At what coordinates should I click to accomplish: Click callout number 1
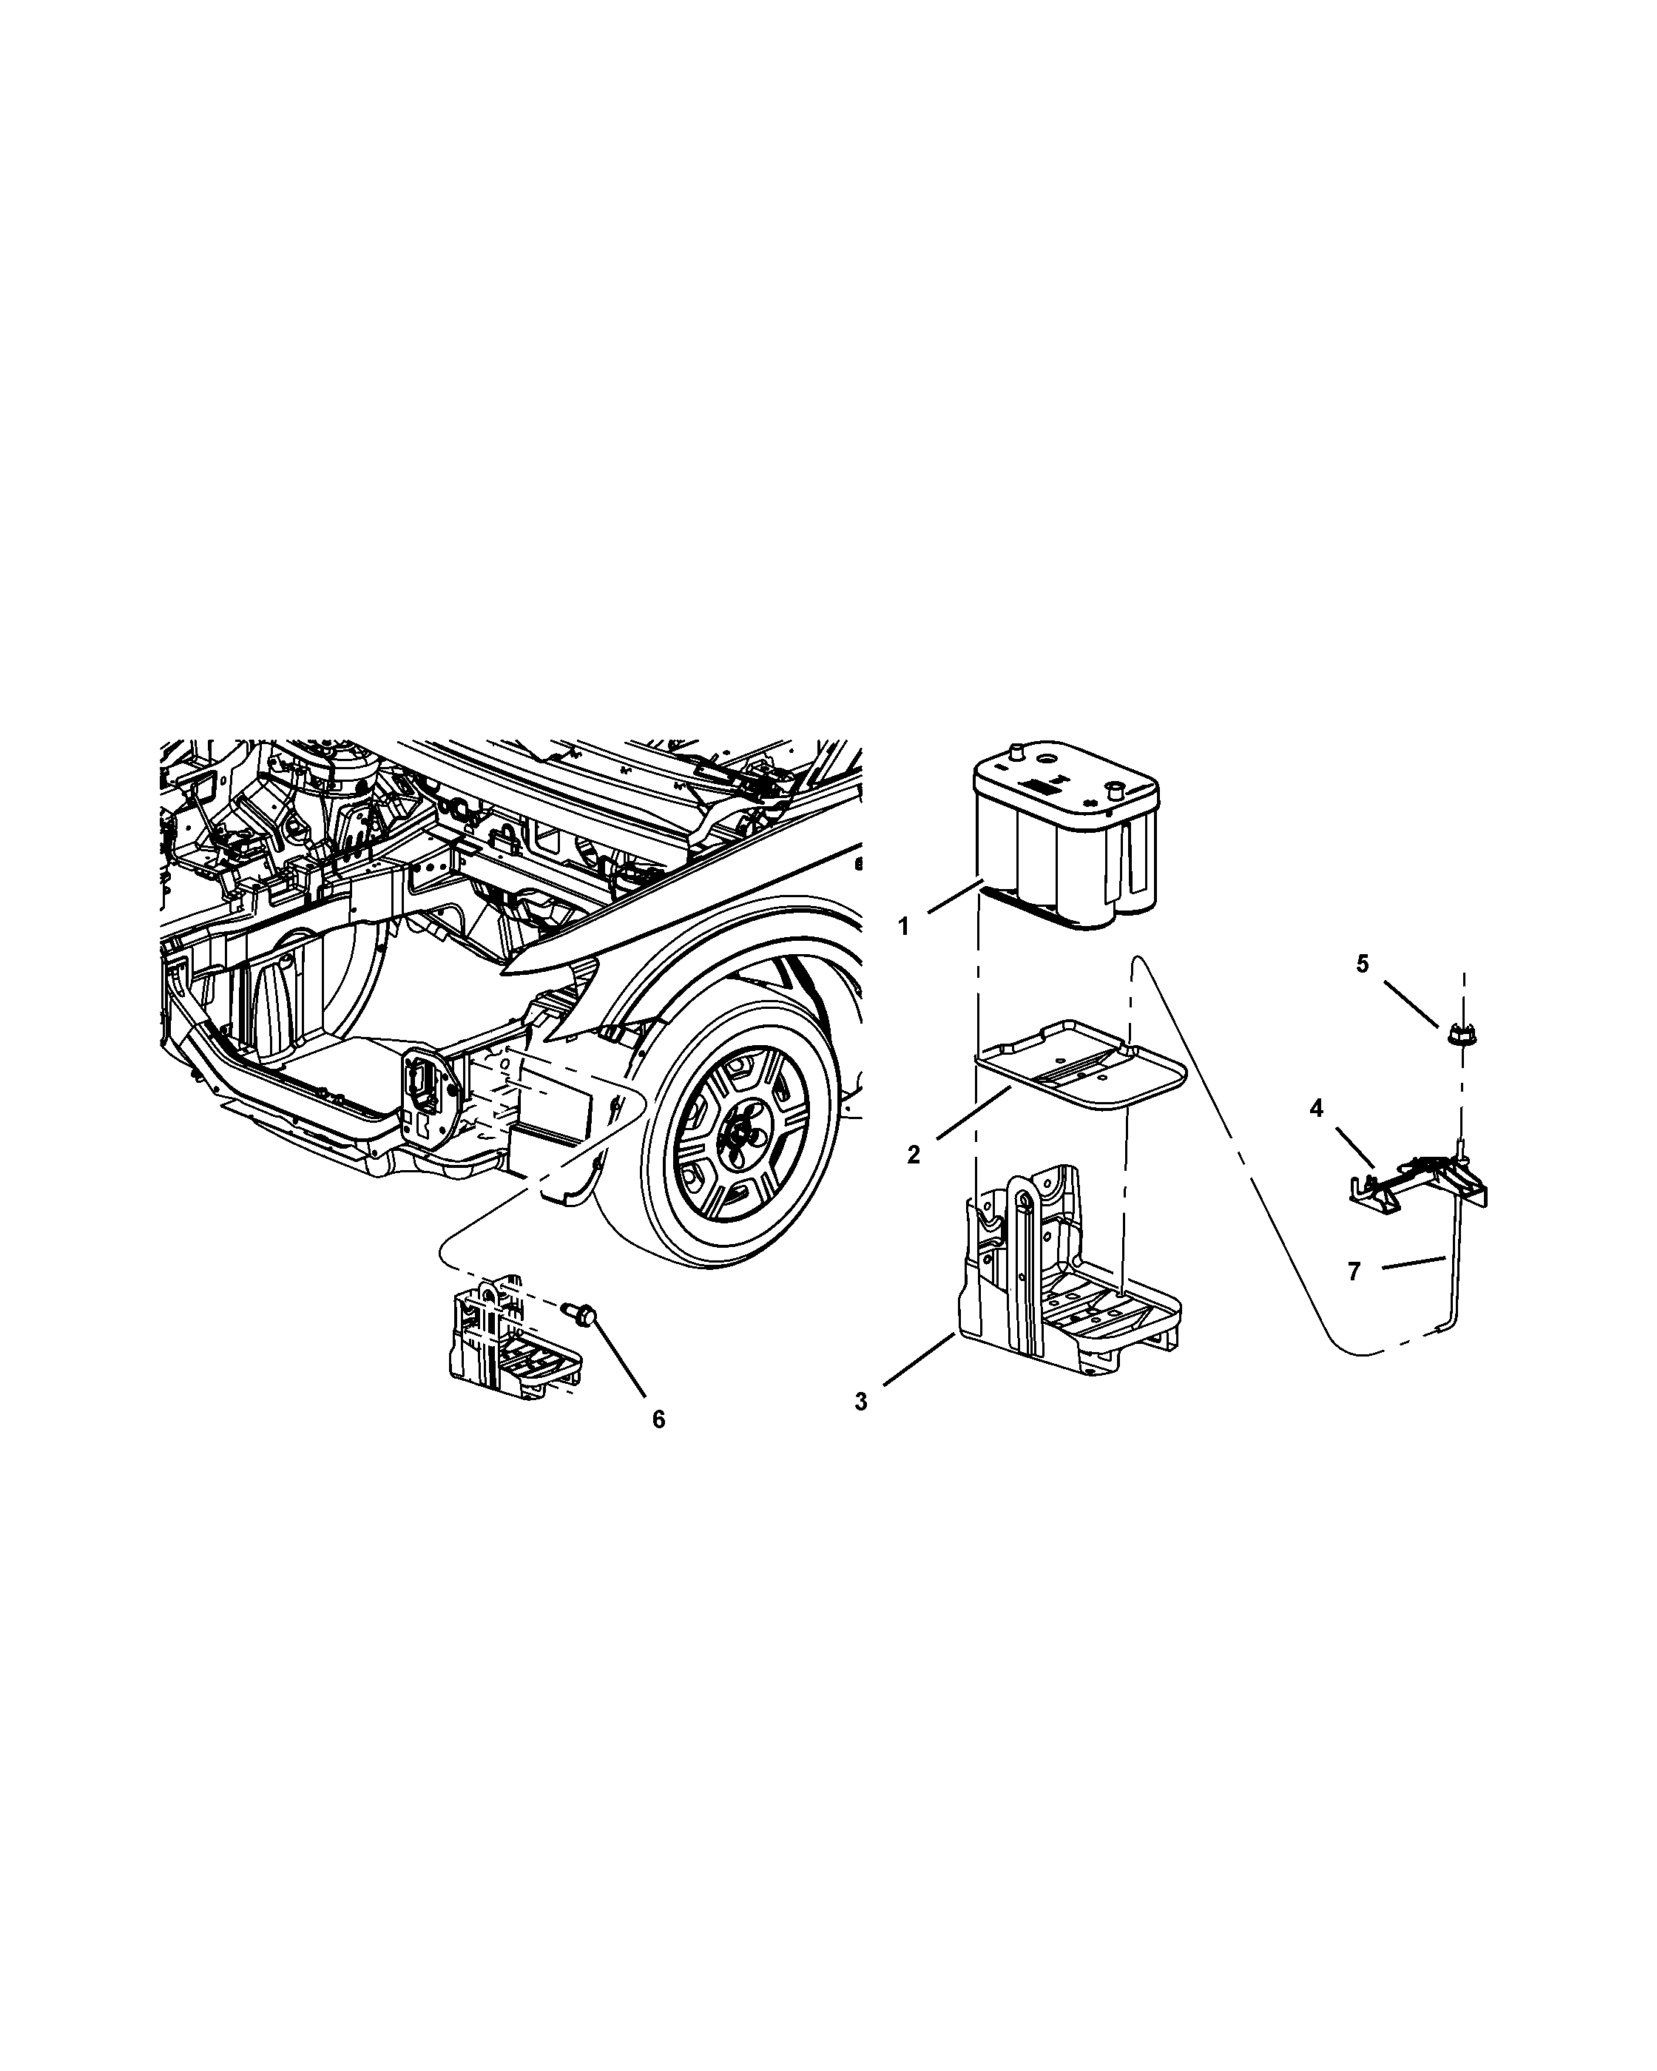[x=903, y=927]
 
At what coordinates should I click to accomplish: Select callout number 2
[x=914, y=1155]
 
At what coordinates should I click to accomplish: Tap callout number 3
[x=861, y=1402]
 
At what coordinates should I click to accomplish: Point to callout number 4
[x=1316, y=1109]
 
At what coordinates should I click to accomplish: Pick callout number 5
[x=1362, y=964]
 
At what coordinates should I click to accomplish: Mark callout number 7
[x=1354, y=1271]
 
